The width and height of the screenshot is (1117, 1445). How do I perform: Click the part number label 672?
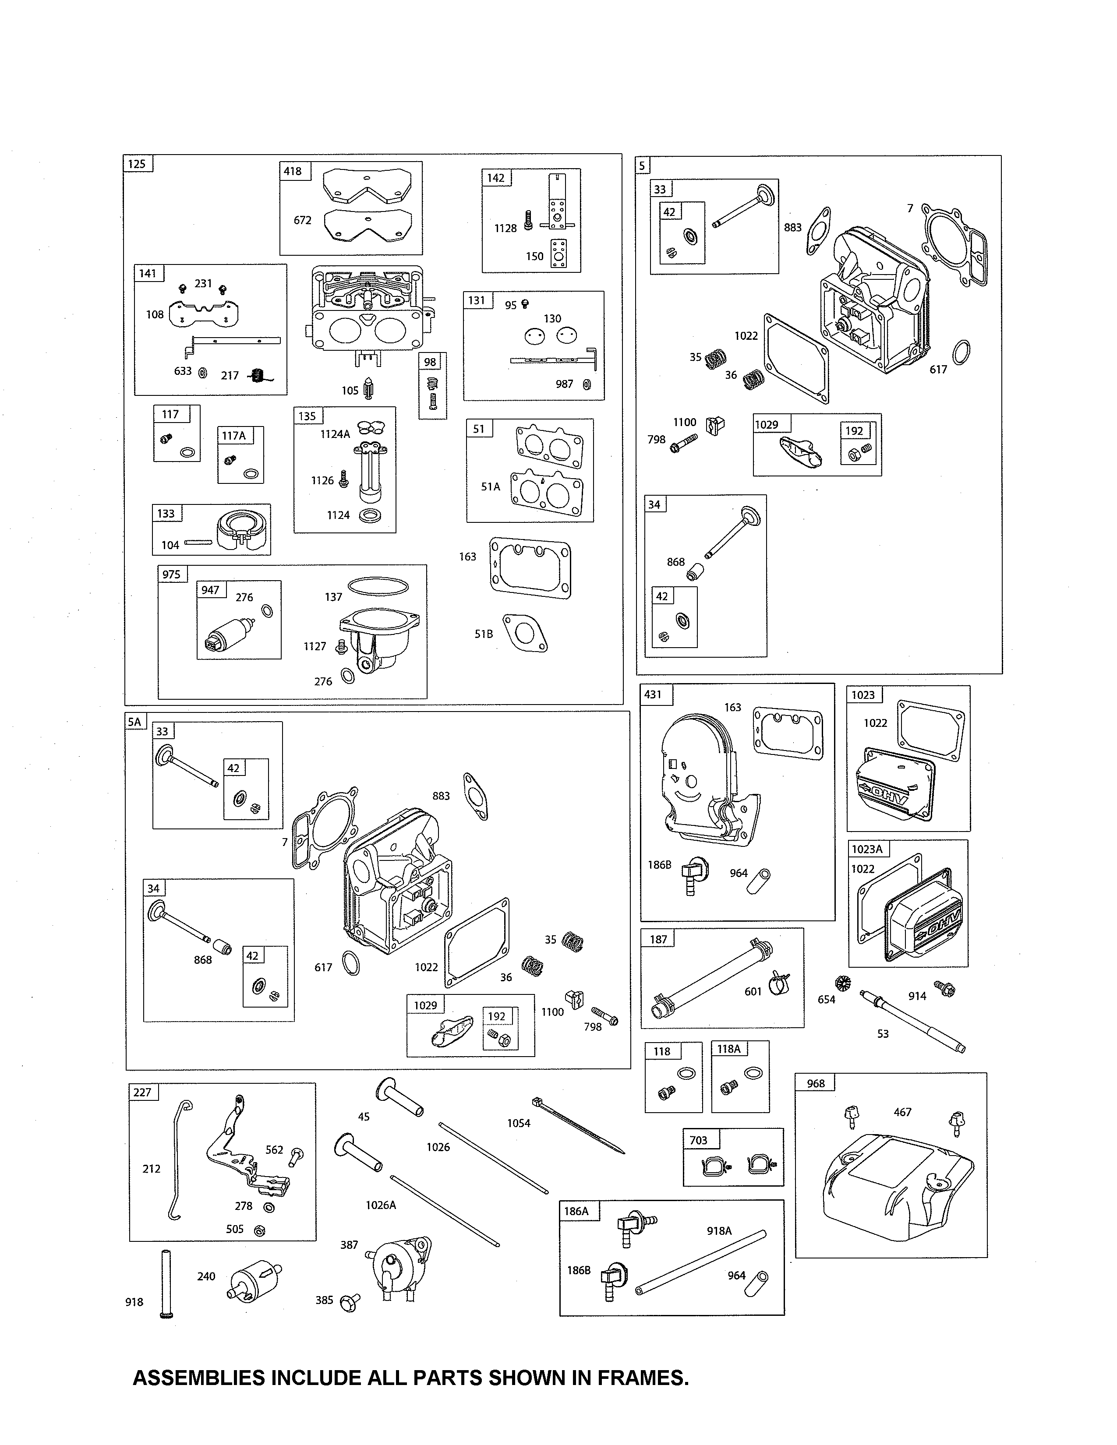click(x=302, y=220)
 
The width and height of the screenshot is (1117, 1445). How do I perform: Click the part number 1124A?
click(x=335, y=434)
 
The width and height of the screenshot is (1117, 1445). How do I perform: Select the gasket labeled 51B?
click(x=525, y=633)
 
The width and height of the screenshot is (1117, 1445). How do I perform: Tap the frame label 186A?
click(x=576, y=1211)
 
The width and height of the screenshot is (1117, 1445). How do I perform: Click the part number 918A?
click(x=719, y=1230)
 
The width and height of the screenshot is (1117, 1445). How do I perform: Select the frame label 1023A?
click(x=867, y=849)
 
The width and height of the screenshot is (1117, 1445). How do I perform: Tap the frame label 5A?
click(x=134, y=721)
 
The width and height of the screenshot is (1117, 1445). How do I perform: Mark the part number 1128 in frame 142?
click(x=505, y=228)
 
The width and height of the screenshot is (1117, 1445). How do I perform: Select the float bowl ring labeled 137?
click(x=378, y=586)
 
